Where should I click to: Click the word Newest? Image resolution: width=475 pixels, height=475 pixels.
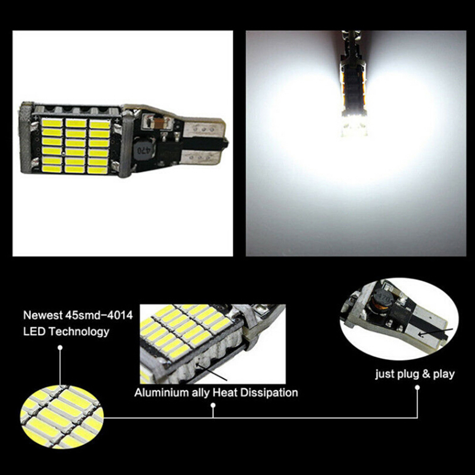43,315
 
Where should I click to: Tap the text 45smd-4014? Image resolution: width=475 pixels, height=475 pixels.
99,315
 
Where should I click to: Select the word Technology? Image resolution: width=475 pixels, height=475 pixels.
79,332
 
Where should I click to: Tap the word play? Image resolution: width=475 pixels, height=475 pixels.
444,374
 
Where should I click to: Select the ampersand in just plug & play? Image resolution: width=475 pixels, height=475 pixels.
425,374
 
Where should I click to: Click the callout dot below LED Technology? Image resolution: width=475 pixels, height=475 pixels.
60,347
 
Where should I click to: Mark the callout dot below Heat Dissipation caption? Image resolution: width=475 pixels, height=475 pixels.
213,405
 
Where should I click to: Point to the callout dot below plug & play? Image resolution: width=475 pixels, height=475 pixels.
417,387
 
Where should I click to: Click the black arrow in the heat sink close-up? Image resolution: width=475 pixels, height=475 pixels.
211,372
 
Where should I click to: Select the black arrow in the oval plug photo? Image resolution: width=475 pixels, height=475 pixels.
435,332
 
